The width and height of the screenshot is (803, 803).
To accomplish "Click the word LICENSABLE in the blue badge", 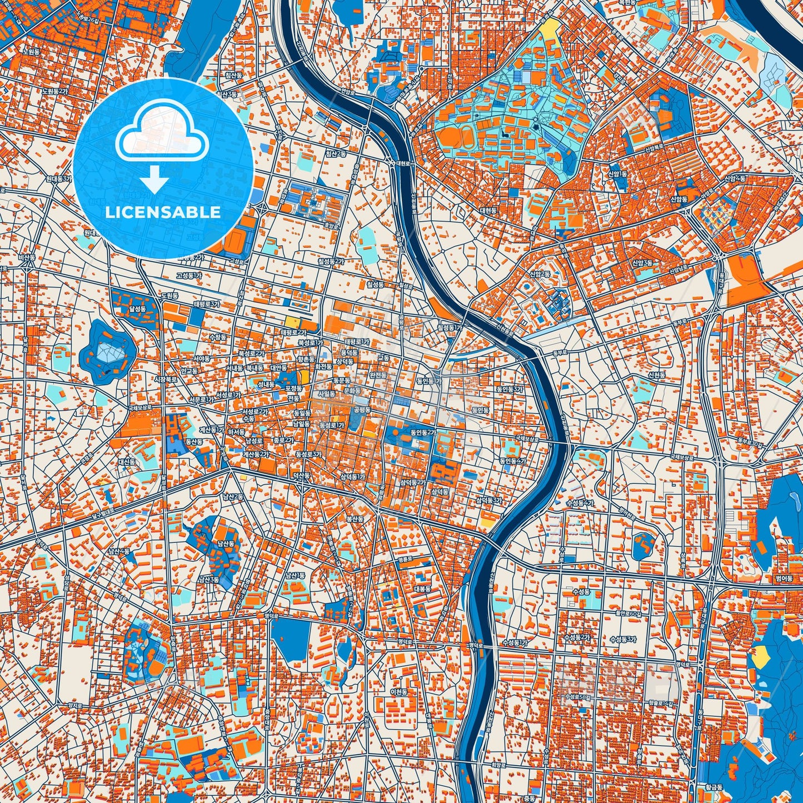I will (x=163, y=212).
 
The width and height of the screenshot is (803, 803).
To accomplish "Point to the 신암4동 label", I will (x=735, y=178).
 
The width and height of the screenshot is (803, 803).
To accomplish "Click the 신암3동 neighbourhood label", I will (x=642, y=263).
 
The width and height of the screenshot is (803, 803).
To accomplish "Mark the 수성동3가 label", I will (x=624, y=639).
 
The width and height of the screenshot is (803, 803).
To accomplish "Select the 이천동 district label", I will (x=398, y=692).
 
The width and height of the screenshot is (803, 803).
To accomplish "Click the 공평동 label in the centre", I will (x=362, y=410).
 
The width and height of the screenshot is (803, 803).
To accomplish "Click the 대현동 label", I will (x=488, y=211).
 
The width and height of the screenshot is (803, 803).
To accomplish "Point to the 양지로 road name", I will (x=74, y=705).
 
